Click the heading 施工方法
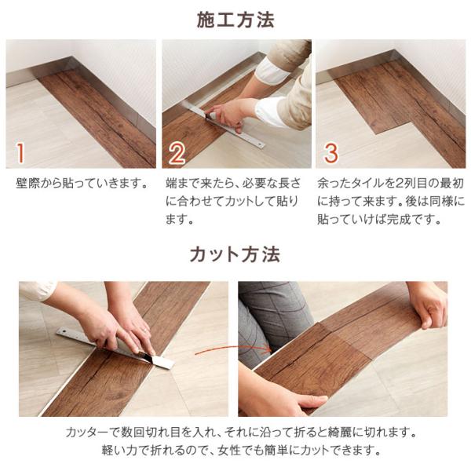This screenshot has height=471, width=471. pos(235,20)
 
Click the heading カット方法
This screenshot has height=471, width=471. pos(235,255)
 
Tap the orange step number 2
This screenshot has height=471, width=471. pos(177,151)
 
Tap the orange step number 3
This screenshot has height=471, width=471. pos(330,151)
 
